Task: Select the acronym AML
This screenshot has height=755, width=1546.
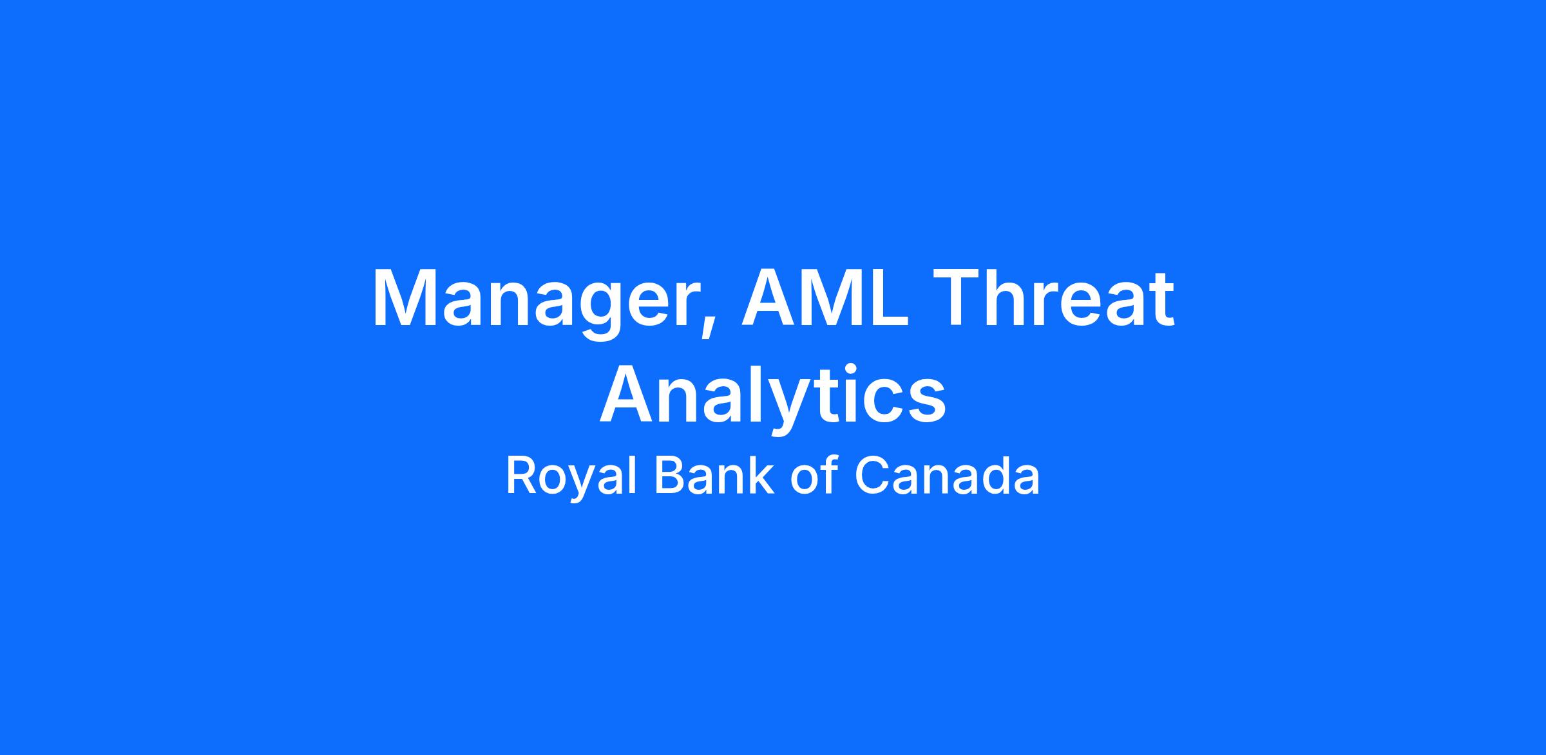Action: pos(826,298)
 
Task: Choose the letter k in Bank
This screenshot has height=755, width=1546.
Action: pos(760,475)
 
